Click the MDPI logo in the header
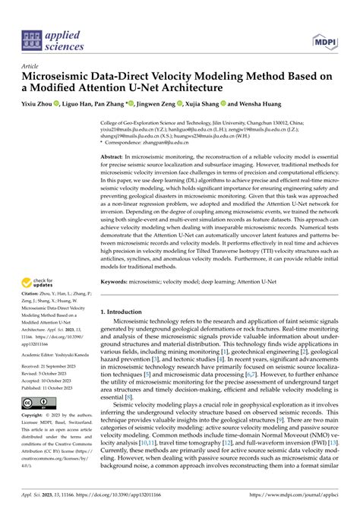pos(327,38)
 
